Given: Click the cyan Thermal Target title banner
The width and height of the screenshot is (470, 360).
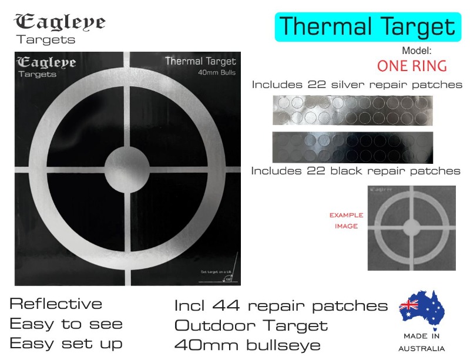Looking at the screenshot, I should click(x=367, y=27).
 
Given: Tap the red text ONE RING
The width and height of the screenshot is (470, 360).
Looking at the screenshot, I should click(x=412, y=65).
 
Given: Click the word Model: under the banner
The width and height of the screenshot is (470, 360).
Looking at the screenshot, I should click(x=417, y=51).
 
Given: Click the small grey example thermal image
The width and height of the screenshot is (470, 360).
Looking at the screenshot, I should click(x=411, y=228).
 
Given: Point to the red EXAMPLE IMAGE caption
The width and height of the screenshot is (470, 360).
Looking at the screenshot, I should click(x=346, y=220).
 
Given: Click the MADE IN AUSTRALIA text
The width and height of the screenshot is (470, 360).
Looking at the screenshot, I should click(x=421, y=342).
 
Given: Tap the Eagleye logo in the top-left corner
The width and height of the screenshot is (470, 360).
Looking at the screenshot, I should click(x=59, y=28).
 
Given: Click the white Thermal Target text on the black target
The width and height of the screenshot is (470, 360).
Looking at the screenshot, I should click(x=200, y=61).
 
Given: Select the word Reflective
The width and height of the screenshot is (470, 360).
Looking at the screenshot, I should click(x=56, y=304).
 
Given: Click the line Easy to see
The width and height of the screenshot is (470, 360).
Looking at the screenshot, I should click(x=66, y=324).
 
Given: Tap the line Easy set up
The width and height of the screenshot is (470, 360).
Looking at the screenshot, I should click(x=66, y=343).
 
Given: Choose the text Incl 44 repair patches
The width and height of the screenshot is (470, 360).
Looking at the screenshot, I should click(x=281, y=306).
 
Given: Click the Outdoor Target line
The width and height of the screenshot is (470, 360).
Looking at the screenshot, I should click(x=251, y=325).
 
